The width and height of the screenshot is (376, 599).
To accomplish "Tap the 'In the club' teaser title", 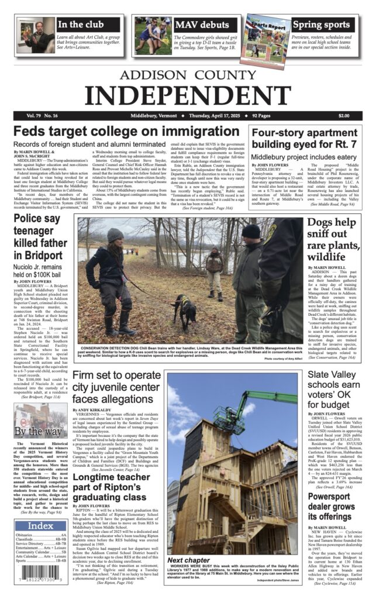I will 79,25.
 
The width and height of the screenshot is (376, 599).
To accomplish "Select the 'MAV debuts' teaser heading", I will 202,25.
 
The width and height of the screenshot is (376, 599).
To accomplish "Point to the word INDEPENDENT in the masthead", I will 188,94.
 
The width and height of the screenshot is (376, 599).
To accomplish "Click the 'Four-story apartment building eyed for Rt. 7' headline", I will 303,139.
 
